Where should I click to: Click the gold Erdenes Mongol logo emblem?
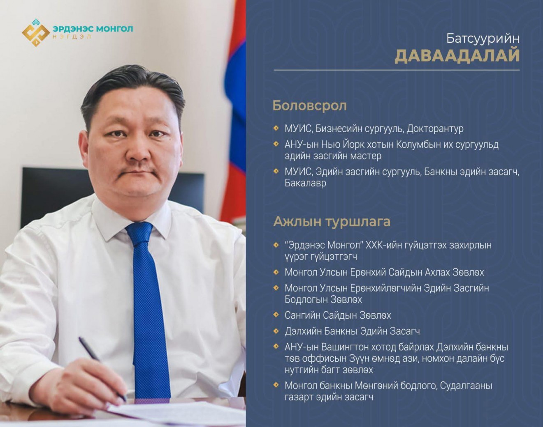tap(36, 32)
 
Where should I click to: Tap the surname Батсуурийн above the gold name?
tap(483, 38)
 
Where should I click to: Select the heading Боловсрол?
tap(309, 106)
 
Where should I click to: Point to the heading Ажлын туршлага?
tap(332, 222)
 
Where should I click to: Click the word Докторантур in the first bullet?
tap(435, 129)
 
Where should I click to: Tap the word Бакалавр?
tap(305, 183)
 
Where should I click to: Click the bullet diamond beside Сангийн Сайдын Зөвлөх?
tap(276, 315)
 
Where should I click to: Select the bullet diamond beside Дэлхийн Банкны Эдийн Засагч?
tap(276, 331)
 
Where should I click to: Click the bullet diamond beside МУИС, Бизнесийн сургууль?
tap(276, 128)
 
